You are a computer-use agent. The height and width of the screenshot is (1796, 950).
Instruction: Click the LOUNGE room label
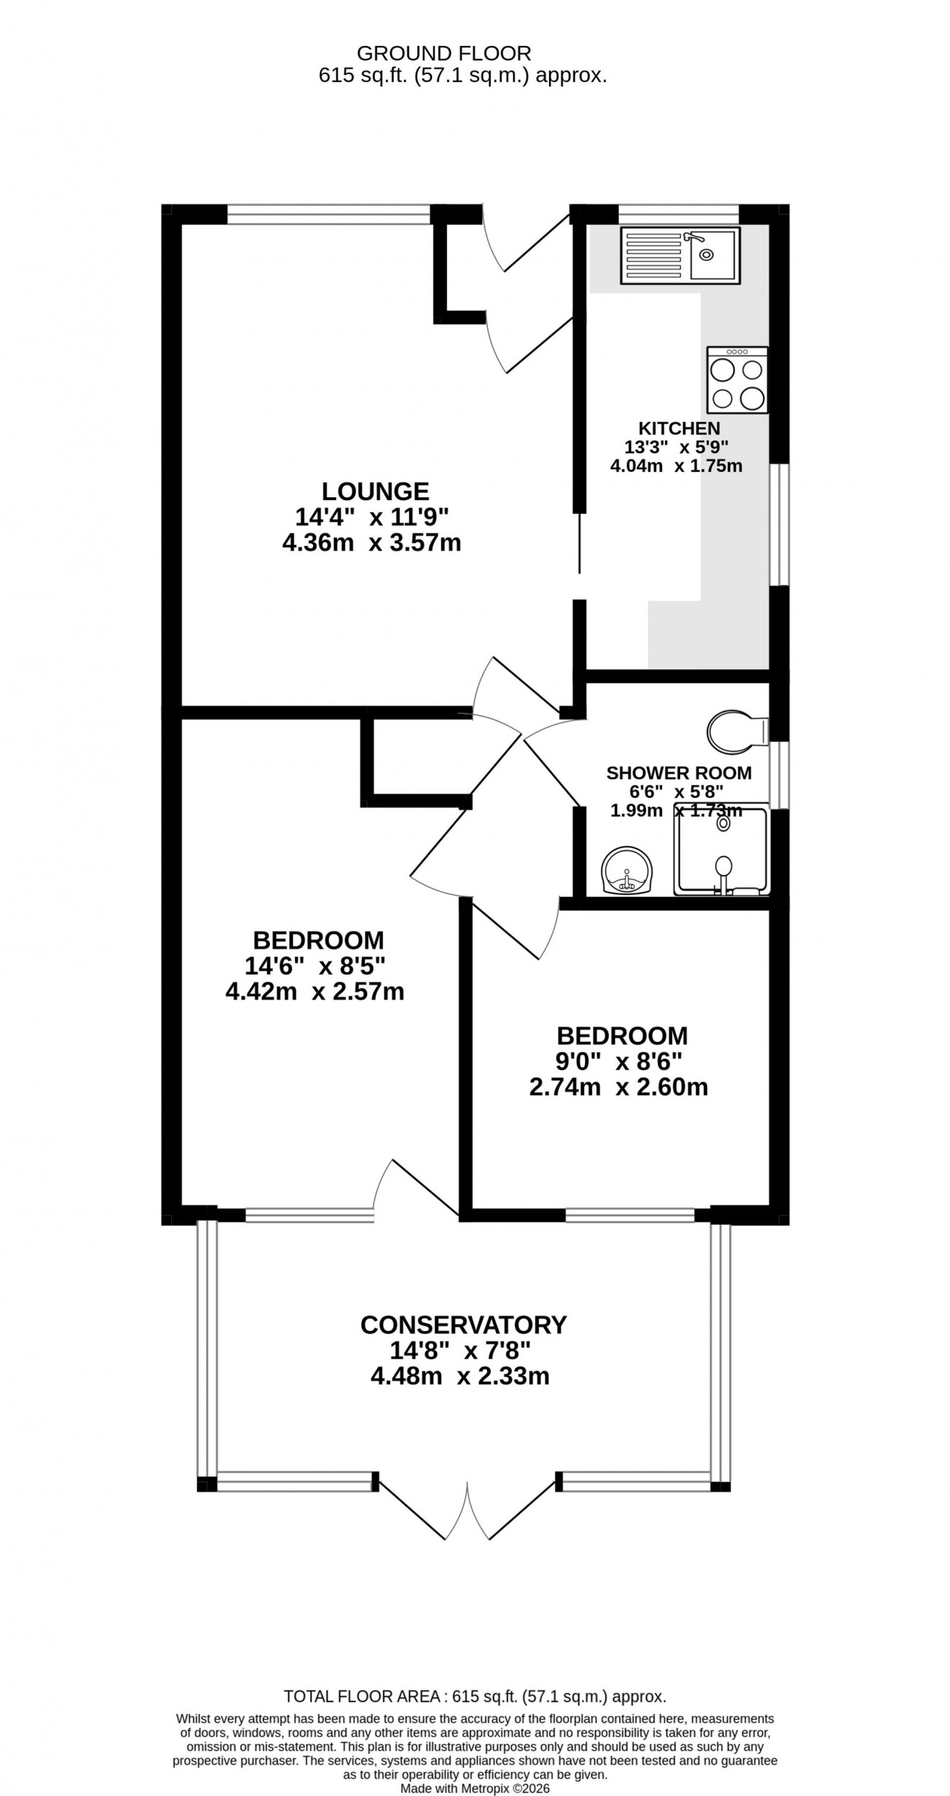(375, 491)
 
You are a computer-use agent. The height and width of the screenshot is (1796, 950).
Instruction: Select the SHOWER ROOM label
(679, 773)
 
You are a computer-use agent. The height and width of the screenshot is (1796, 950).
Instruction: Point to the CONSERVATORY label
(463, 1325)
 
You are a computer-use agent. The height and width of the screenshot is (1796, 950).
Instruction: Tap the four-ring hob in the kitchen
(738, 380)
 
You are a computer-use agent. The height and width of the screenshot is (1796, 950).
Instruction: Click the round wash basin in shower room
(627, 871)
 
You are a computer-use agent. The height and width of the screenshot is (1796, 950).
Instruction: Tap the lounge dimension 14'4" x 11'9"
(371, 517)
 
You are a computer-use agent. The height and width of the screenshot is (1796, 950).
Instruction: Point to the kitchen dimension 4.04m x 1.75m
(676, 466)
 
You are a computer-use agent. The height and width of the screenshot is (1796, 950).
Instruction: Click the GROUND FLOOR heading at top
(444, 53)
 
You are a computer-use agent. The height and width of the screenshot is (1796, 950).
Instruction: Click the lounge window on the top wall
(330, 214)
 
